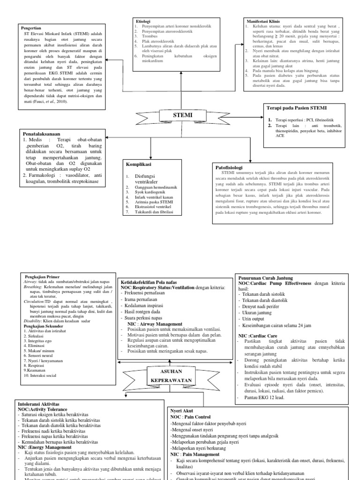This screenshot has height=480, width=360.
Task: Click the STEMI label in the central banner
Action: pyautogui.click(x=182, y=114)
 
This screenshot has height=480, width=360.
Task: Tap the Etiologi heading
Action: pyautogui.click(x=143, y=22)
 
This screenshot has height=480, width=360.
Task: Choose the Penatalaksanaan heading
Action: pyautogui.click(x=44, y=133)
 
